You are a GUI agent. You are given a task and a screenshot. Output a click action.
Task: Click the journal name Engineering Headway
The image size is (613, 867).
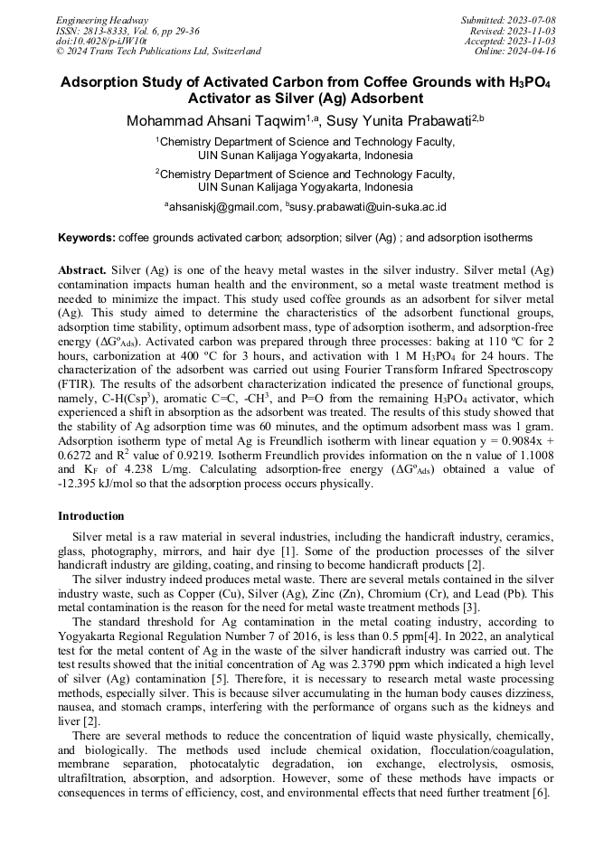click(102, 20)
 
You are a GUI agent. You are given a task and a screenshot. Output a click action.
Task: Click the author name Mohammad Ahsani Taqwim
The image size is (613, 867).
click(215, 120)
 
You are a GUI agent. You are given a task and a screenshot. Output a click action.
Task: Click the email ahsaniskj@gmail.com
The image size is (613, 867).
click(224, 207)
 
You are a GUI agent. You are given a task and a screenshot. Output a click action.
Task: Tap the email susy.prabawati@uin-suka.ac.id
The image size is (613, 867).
click(369, 207)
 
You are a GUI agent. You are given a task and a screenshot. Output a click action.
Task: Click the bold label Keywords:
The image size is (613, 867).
click(87, 238)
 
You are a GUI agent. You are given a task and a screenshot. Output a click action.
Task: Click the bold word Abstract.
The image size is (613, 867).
click(82, 270)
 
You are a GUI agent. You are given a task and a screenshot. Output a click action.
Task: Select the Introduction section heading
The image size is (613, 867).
click(90, 516)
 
